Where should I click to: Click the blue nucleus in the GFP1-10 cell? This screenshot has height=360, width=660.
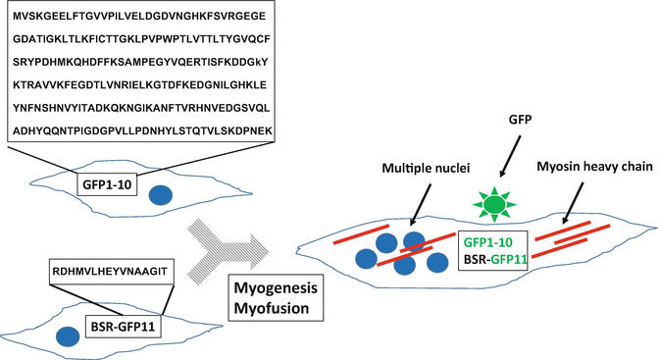tap(162, 195)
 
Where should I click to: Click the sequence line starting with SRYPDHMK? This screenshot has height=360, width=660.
tap(138, 62)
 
